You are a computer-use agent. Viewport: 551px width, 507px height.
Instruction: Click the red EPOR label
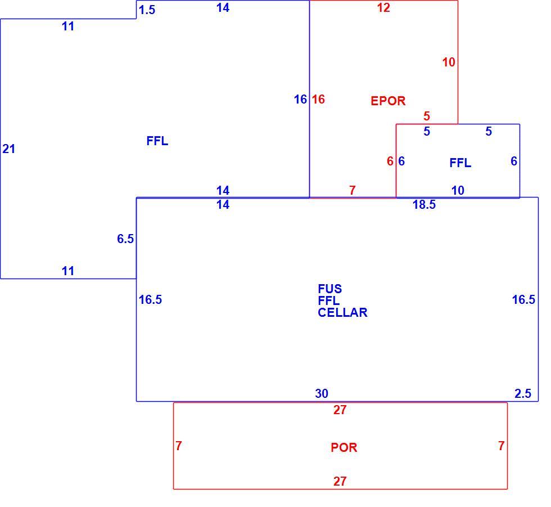click(x=388, y=101)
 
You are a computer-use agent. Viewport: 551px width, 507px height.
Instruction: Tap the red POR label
click(x=344, y=447)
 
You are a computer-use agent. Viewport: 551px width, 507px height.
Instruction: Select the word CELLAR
click(x=342, y=312)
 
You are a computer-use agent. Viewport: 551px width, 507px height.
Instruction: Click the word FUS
click(x=330, y=289)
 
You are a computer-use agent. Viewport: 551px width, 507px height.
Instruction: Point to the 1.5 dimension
click(x=147, y=10)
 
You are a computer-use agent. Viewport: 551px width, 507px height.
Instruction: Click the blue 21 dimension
click(x=9, y=149)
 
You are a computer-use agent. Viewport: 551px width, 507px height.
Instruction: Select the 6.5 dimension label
click(x=125, y=239)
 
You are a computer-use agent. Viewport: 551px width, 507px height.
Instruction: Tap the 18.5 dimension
click(x=424, y=204)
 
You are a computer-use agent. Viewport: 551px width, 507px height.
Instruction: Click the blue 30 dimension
click(x=322, y=393)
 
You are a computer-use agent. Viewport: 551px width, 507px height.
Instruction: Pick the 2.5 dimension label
click(x=523, y=393)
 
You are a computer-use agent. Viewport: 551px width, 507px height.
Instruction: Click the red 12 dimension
click(x=383, y=8)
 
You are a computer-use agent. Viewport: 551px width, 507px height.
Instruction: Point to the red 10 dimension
click(x=449, y=62)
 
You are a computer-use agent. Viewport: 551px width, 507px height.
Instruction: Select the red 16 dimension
click(x=318, y=99)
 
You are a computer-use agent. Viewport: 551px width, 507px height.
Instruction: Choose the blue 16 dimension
click(x=300, y=99)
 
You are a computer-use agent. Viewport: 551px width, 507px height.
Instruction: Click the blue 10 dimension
click(x=458, y=190)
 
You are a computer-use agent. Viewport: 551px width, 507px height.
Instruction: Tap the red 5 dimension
click(x=427, y=116)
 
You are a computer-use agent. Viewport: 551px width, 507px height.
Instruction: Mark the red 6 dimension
click(x=390, y=161)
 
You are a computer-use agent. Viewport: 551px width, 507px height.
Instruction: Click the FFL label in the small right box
click(x=460, y=163)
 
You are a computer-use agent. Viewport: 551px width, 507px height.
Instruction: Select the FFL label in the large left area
click(x=157, y=141)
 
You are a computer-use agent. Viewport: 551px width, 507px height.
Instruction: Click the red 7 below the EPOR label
click(x=353, y=190)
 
